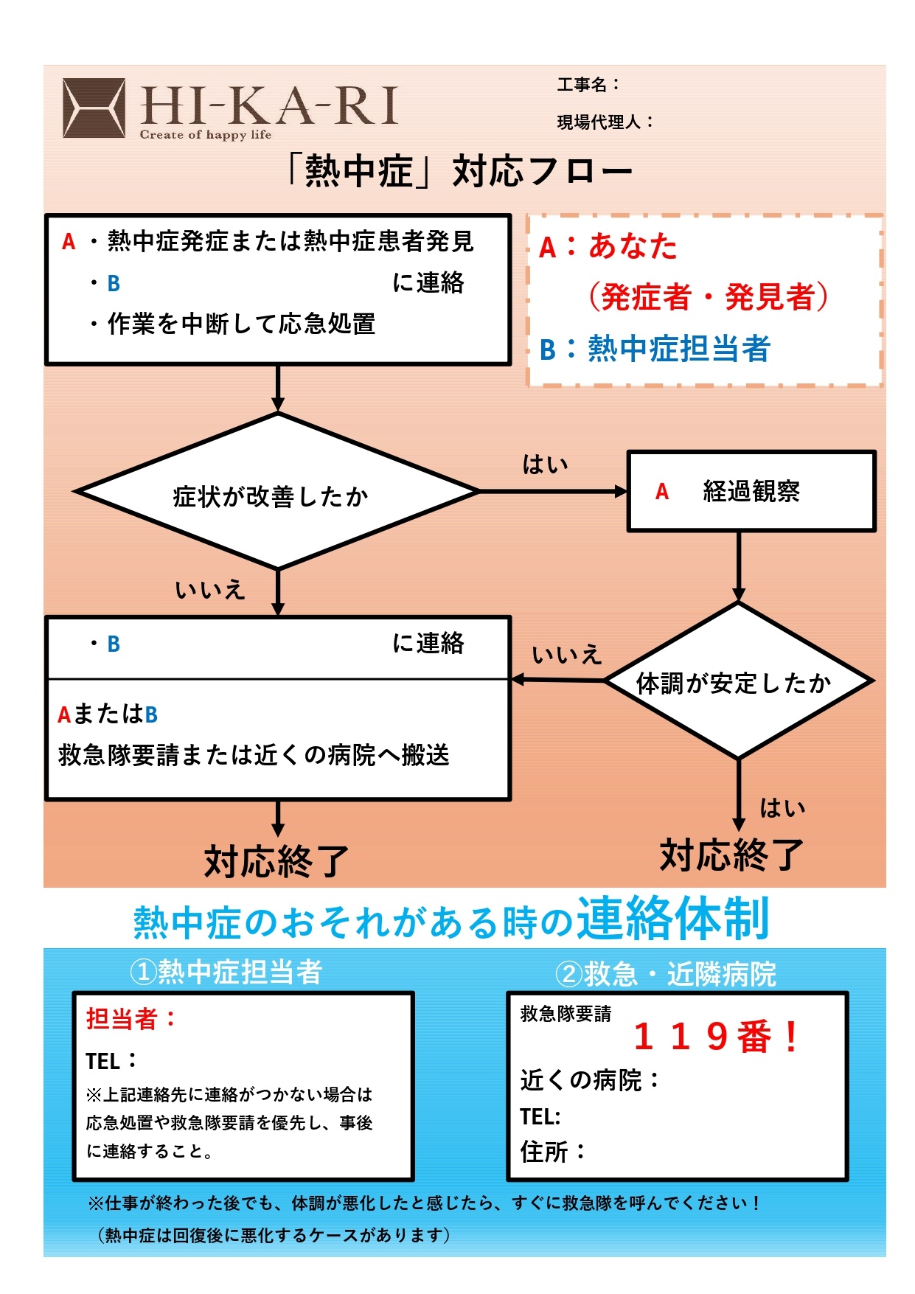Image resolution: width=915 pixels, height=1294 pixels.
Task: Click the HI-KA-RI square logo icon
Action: click(x=94, y=108)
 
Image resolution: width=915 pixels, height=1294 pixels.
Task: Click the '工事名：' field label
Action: click(x=588, y=85)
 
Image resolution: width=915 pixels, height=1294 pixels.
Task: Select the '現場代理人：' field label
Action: click(x=605, y=122)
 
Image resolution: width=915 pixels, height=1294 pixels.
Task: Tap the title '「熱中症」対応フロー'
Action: click(x=458, y=171)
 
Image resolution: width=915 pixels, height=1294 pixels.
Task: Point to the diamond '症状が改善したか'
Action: click(x=277, y=491)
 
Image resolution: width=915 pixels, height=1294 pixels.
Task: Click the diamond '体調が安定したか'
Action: click(x=738, y=681)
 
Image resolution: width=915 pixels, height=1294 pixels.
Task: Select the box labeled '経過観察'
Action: click(x=751, y=491)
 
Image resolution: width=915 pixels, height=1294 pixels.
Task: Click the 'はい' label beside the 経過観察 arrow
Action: click(x=545, y=464)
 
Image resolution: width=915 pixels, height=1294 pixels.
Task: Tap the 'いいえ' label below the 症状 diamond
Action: click(x=210, y=590)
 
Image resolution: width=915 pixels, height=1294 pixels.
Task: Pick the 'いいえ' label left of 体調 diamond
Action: click(x=567, y=654)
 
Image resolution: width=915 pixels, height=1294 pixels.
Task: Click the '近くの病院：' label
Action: click(x=590, y=1080)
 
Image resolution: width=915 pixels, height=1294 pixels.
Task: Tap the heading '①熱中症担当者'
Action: click(x=226, y=972)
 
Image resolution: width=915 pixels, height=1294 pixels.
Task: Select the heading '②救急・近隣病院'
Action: click(x=666, y=974)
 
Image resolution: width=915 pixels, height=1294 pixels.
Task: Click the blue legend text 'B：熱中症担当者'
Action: click(x=655, y=349)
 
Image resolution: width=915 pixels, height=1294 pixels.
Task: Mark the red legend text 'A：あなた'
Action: click(x=608, y=246)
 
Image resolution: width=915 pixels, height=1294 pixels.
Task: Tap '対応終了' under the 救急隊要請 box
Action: click(x=276, y=860)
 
